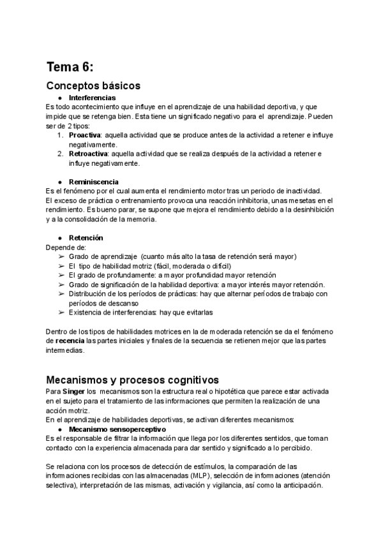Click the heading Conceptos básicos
(93, 85)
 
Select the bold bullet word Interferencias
(92, 98)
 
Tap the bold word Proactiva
(84, 136)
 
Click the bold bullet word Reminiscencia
(94, 182)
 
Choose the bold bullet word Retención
(86, 237)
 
